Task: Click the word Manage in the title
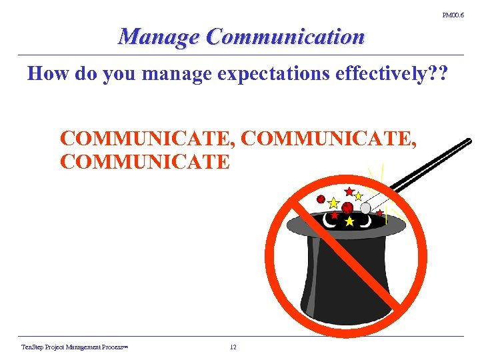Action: (159, 37)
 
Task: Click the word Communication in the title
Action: (285, 37)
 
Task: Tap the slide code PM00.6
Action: (453, 13)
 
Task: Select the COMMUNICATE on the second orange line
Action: (145, 161)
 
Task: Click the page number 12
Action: (233, 347)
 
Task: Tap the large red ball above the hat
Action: (347, 208)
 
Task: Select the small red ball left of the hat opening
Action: (321, 199)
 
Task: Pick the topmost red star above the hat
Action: (349, 191)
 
